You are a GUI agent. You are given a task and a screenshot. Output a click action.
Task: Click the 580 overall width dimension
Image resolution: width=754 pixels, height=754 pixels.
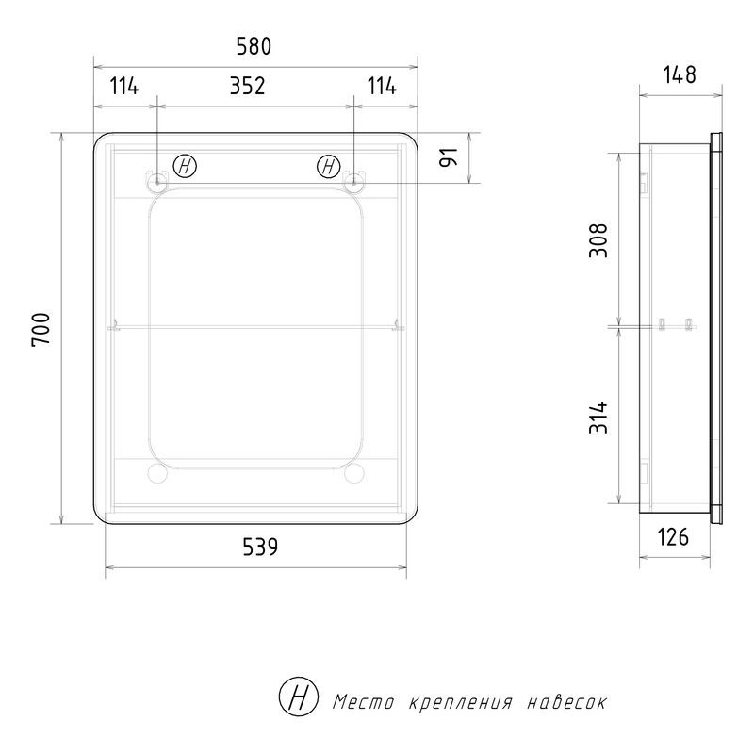[254, 46]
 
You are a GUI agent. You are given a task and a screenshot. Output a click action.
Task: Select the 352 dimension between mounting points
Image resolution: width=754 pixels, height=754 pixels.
[247, 86]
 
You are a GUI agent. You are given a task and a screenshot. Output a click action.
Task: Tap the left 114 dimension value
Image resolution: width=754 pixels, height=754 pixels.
[124, 86]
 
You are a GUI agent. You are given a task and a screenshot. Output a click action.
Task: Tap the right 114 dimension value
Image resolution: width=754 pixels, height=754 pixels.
[382, 86]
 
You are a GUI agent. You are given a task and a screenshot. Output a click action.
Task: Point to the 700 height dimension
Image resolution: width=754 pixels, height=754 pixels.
[41, 329]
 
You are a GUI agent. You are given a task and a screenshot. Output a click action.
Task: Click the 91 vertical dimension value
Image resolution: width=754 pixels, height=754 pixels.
[450, 157]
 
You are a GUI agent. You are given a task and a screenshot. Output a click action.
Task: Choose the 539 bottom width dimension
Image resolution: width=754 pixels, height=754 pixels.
[260, 547]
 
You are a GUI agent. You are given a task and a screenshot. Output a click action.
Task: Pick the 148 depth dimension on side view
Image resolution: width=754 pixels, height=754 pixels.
[680, 74]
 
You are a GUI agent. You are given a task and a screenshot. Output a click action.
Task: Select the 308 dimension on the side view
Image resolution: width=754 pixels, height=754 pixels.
[598, 240]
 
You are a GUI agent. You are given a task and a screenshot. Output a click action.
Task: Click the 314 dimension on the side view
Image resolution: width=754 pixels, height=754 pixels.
[598, 418]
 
